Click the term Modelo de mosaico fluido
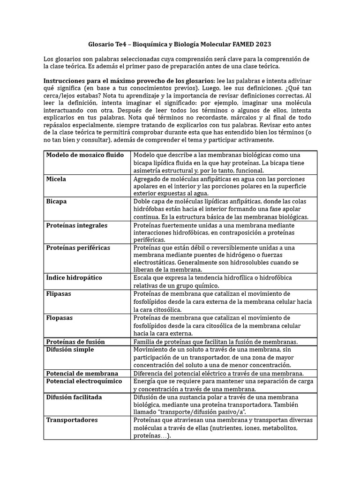pos(84,155)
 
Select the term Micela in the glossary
pos(56,179)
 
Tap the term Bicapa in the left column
pos(56,202)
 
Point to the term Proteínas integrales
pos(77,225)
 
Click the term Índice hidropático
pos(74,278)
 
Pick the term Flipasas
pos(59,294)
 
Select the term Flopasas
pos(60,318)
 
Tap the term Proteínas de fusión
pos(75,342)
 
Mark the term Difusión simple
pos(70,350)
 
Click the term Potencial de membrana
pos(82,373)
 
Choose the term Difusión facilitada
pos(74,397)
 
